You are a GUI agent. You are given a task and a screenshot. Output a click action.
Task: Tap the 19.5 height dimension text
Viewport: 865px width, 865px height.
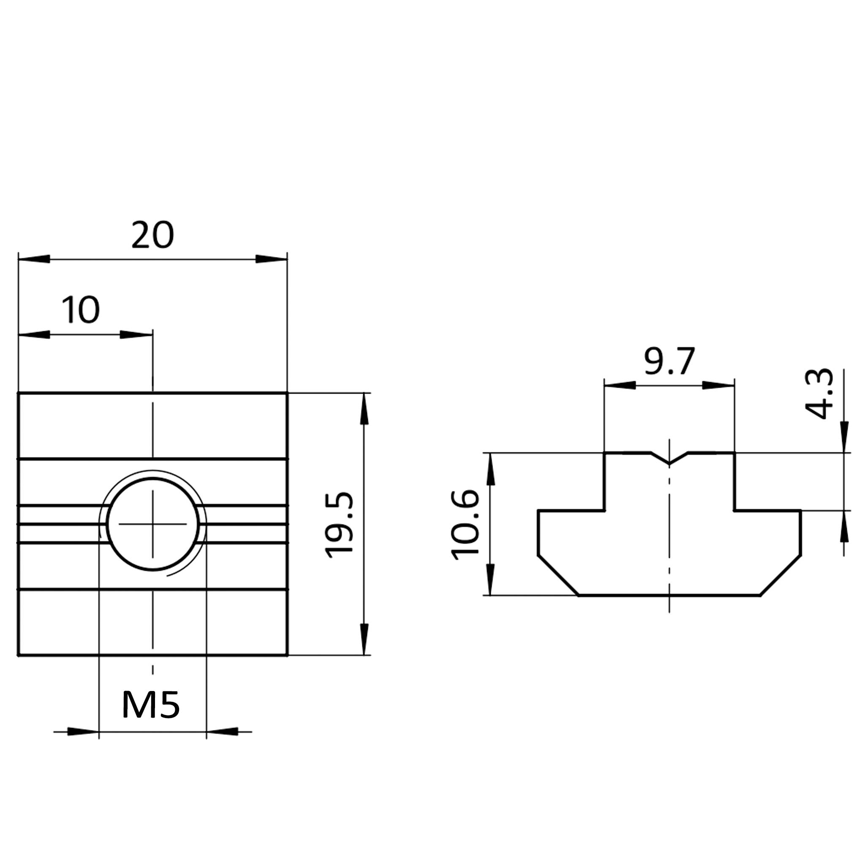point(340,525)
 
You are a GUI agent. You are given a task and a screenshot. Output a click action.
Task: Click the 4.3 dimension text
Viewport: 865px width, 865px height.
point(819,394)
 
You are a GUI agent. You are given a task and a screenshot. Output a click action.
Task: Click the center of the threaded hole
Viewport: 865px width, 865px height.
point(152,524)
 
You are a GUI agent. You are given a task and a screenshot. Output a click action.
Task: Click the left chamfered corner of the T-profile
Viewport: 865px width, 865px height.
point(558,575)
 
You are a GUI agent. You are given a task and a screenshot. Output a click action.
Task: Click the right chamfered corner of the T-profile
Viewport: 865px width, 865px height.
point(781,575)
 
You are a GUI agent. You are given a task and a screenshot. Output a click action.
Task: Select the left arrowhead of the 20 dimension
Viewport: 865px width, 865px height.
point(34,259)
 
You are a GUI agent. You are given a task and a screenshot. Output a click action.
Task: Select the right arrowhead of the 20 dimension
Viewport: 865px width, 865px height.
point(271,259)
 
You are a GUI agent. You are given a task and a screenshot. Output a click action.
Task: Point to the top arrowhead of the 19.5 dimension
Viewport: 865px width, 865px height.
point(364,408)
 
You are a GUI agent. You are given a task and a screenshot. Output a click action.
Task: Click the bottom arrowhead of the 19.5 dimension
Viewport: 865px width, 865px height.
point(364,639)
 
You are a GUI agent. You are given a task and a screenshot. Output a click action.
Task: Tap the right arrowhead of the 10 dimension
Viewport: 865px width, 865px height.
point(136,335)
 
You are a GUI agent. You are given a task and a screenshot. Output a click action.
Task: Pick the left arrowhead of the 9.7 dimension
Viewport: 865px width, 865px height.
point(620,385)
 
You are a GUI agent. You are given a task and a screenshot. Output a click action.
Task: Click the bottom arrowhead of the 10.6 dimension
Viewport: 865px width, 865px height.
point(491,580)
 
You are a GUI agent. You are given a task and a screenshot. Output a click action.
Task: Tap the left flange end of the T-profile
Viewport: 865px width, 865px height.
point(538,533)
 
